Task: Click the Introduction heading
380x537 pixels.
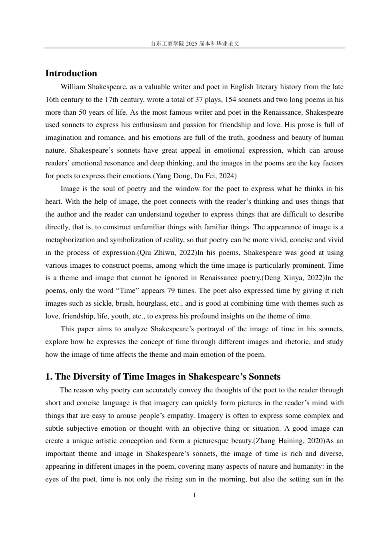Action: click(71, 74)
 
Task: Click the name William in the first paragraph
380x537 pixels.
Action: click(72, 87)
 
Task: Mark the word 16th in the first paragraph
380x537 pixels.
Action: click(52, 99)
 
